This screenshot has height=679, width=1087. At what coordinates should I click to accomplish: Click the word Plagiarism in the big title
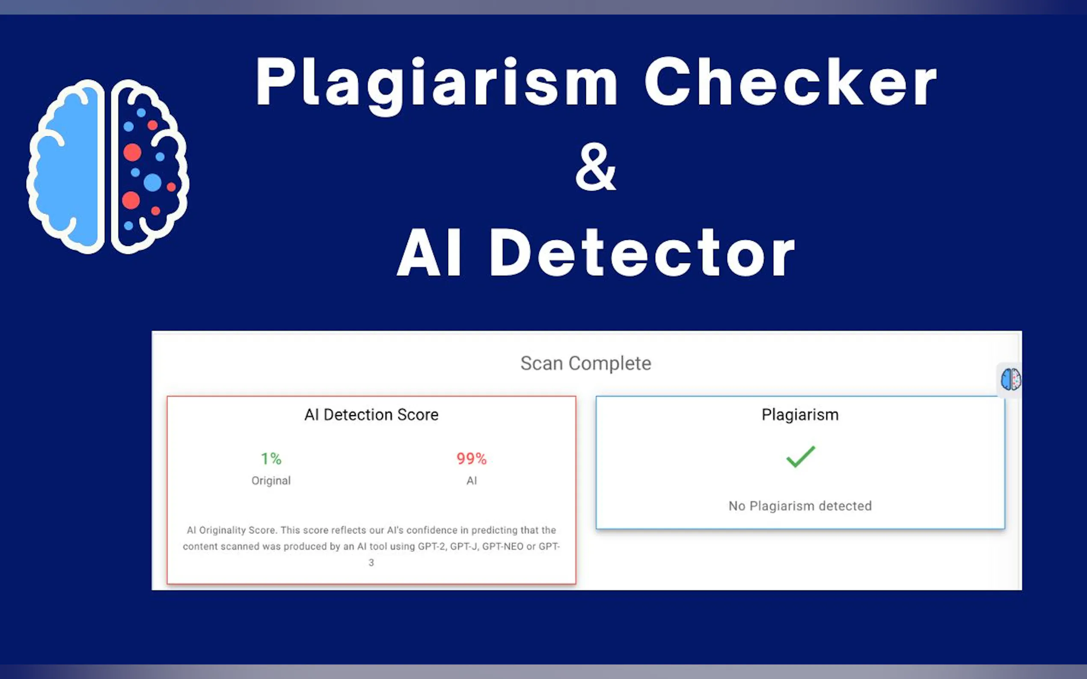437,86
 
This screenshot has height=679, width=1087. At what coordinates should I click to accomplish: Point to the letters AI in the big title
429,252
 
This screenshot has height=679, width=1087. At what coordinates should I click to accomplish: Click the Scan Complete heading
585,363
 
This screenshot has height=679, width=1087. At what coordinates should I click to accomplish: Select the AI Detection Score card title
371,414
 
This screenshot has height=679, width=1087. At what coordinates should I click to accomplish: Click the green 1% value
271,458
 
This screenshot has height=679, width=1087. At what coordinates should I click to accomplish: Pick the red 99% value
471,458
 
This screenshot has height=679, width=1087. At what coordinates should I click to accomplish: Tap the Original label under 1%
271,481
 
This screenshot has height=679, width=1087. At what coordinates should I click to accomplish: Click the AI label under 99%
471,481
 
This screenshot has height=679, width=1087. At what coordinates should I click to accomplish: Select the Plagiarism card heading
800,414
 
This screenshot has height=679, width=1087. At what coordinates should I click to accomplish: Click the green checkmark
800,457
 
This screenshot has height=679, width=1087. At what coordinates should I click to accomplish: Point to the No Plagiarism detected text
800,506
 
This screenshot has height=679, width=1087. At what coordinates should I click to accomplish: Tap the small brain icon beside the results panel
1010,379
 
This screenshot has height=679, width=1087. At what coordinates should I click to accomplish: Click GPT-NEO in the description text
502,546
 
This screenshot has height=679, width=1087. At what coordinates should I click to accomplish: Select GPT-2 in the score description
432,546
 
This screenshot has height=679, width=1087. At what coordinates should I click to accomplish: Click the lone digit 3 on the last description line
371,563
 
